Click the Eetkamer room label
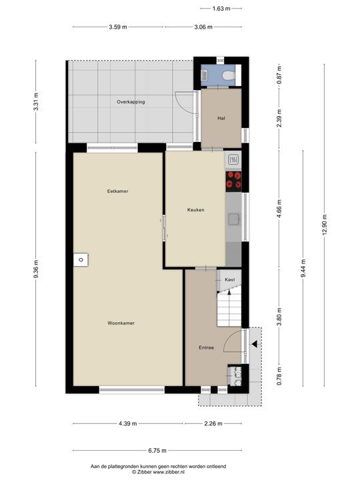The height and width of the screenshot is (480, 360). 117,191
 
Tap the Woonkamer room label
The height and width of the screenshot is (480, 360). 121,323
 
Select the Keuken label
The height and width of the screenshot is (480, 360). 195,209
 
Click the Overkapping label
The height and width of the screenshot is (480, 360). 131,102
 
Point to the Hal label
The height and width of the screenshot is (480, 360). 221,119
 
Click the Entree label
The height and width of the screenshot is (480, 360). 206,348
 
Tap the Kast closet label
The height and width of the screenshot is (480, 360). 229,279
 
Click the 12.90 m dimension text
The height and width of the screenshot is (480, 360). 325,225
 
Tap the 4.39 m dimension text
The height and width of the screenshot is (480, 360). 127,423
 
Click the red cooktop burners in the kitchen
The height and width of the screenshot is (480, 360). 234,179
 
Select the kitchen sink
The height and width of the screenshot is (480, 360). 234,219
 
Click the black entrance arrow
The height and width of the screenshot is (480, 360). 254,345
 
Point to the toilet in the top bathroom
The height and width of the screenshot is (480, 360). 227,76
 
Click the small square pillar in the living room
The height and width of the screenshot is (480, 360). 80,260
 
